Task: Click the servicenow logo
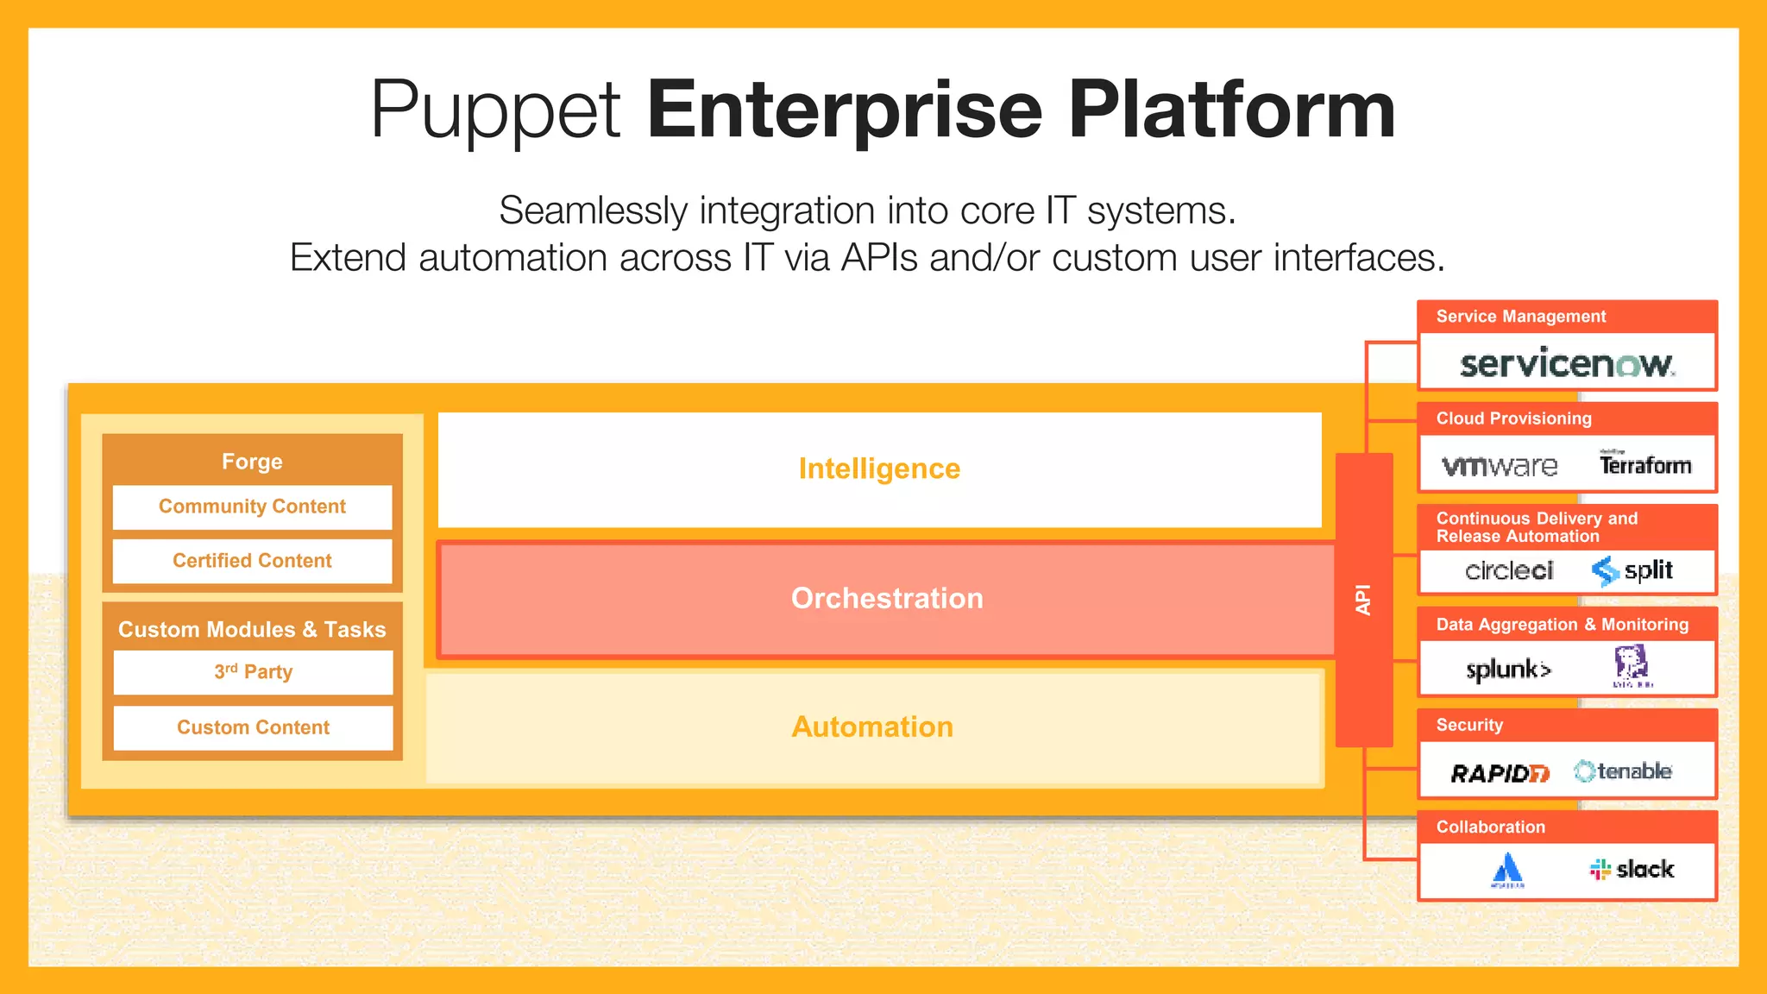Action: tap(1567, 363)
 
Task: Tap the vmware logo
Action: tap(1500, 466)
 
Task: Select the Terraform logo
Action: tap(1644, 464)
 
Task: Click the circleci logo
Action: tap(1509, 570)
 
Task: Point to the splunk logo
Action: tap(1508, 670)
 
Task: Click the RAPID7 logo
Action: tap(1500, 772)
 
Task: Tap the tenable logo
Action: tap(1623, 771)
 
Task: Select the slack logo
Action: tap(1632, 869)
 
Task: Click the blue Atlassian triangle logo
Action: tap(1507, 870)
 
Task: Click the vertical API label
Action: tap(1363, 600)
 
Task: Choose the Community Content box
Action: tap(252, 506)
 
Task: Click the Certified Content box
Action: tap(252, 561)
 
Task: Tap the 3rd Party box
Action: tap(253, 672)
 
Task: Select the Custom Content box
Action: tap(253, 727)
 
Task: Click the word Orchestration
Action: tap(887, 598)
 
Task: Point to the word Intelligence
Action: tap(879, 469)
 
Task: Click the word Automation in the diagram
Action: tap(872, 727)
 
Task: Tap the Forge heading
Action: tap(252, 462)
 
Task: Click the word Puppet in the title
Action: tap(495, 110)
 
